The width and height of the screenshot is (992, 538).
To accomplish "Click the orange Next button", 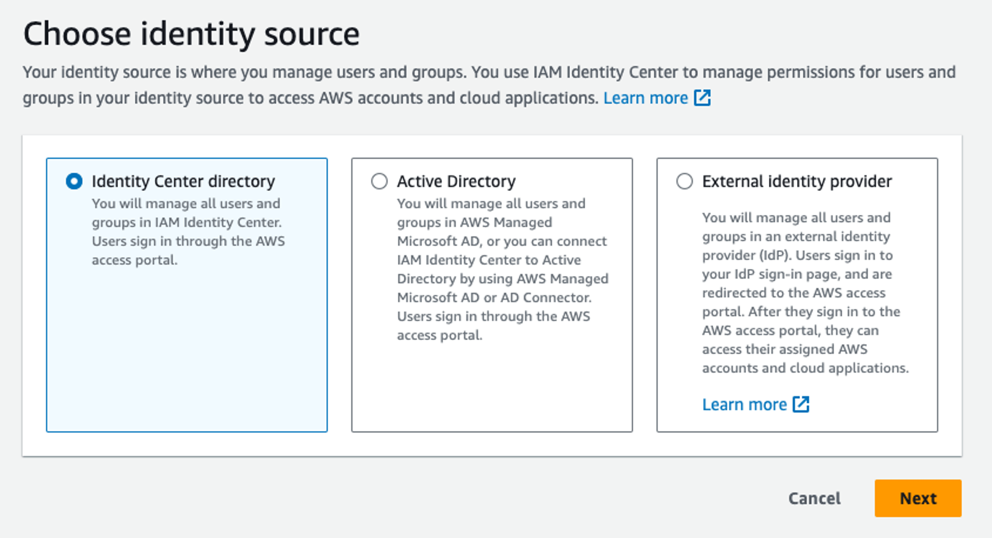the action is (918, 498).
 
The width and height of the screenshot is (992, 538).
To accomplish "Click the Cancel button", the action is (814, 498).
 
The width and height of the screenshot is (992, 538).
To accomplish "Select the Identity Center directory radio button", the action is (74, 181).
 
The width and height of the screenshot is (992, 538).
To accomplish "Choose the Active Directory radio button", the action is (379, 181).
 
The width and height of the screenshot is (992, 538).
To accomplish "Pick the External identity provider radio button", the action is (684, 181).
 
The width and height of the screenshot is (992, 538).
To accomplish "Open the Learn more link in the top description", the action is (645, 98).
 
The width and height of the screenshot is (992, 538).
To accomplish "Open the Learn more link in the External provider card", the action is (744, 404).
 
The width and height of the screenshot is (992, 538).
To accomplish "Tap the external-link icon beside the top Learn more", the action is (702, 98).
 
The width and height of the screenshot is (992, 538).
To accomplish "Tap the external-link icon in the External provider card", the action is (801, 404).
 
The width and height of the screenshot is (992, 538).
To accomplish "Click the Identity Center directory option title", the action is (183, 181).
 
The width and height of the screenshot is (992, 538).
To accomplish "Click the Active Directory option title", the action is (456, 181).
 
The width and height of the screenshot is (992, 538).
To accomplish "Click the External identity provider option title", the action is (797, 181).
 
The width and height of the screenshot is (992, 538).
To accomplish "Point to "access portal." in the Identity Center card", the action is (134, 260).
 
